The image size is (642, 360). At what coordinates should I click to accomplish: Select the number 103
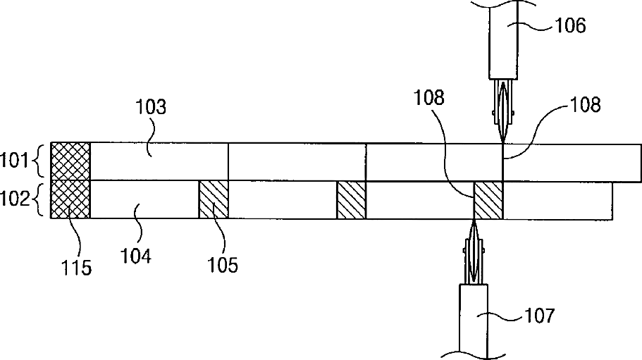click(150, 108)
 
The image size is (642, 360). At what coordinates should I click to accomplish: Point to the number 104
click(137, 256)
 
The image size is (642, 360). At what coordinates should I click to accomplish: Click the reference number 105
click(222, 264)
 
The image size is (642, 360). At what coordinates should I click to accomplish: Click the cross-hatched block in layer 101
click(70, 161)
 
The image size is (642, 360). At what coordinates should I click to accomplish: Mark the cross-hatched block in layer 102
click(70, 199)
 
